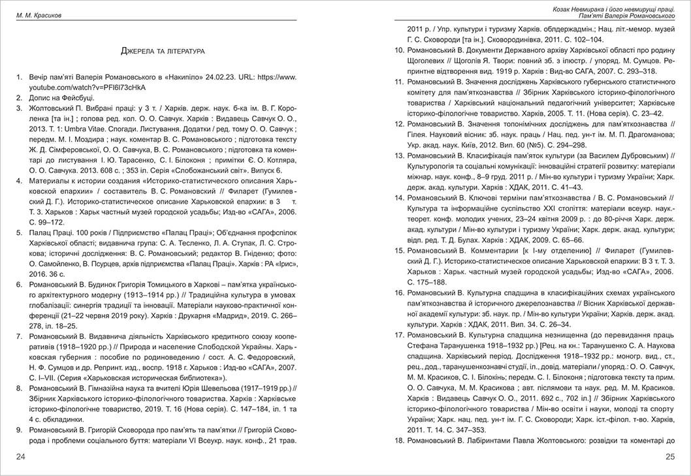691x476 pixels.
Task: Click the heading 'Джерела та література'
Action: click(x=163, y=50)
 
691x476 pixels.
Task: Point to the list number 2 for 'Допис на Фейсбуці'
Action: click(x=20, y=97)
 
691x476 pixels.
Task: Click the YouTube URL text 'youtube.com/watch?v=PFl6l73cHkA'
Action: click(x=88, y=87)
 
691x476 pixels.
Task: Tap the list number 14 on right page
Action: click(x=399, y=197)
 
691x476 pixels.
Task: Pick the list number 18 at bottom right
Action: click(x=399, y=442)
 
